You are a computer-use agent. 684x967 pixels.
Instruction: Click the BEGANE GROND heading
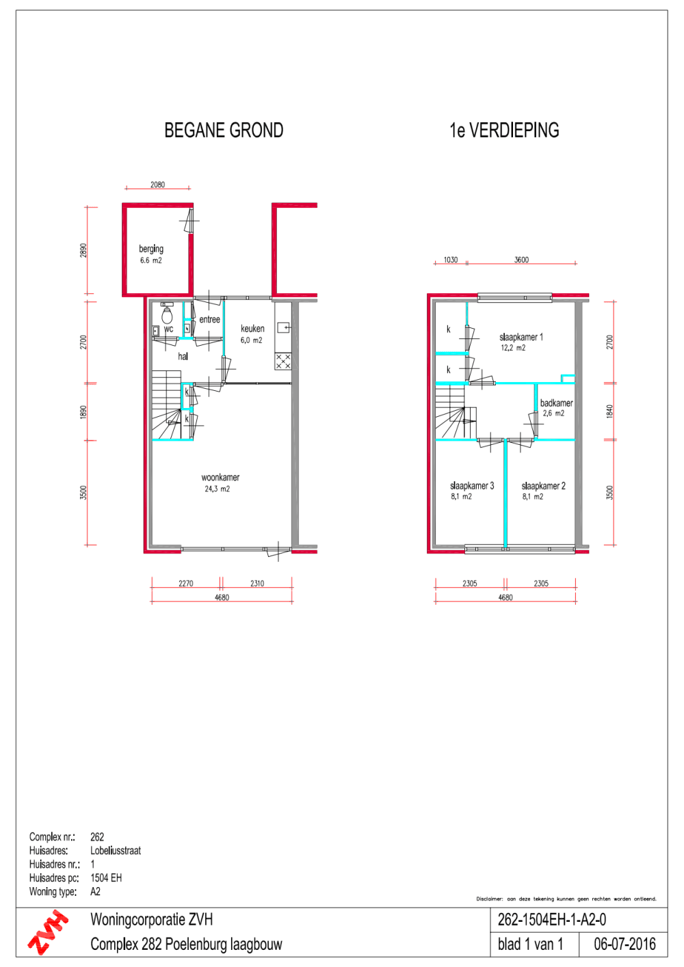224,131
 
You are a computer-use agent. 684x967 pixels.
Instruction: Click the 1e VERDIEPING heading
504,131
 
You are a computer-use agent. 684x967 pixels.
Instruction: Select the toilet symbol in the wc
167,314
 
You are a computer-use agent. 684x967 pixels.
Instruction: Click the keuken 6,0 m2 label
252,333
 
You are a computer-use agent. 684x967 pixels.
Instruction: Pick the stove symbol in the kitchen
283,362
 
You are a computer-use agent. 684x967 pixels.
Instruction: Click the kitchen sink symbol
283,328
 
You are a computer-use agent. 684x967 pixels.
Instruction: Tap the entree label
209,319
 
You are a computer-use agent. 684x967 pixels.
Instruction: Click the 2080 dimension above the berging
157,185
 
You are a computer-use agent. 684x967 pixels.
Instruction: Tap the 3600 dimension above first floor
521,260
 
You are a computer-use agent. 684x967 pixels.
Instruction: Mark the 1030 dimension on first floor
451,260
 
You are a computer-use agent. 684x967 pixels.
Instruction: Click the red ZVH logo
48,932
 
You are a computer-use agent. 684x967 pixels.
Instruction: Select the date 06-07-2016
624,944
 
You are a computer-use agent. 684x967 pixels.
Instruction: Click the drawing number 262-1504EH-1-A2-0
551,920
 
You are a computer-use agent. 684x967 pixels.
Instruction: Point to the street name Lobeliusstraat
116,851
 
